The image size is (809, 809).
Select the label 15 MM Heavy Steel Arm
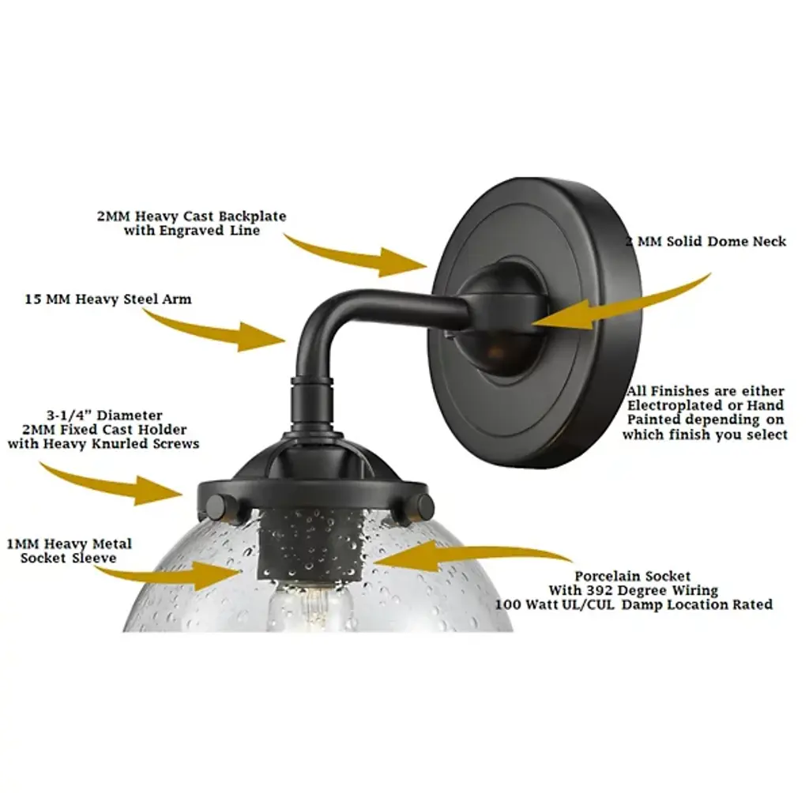tap(107, 299)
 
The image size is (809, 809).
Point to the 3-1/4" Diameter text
tap(104, 416)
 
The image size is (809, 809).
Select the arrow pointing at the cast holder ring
tap(111, 484)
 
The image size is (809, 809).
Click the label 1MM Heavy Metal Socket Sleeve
tap(70, 551)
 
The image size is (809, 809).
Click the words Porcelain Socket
tap(633, 576)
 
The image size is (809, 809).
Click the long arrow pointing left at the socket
tap(472, 556)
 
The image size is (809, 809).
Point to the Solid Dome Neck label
tap(706, 242)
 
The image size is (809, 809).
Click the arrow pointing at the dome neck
tap(622, 304)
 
